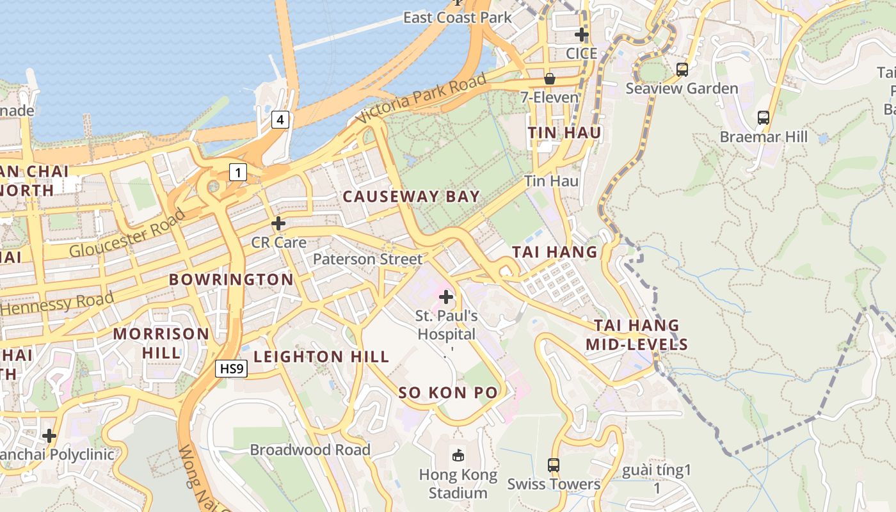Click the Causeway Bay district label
click(411, 196)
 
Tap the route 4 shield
click(280, 119)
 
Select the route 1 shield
click(237, 172)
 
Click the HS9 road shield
click(231, 369)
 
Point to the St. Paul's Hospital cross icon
click(446, 297)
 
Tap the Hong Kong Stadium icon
click(458, 455)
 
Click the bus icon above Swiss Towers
click(554, 465)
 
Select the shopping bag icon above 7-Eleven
click(549, 79)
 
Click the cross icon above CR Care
click(278, 223)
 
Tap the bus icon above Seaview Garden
click(682, 70)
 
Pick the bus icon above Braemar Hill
click(764, 118)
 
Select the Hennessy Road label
click(58, 302)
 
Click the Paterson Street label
click(367, 259)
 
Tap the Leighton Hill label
click(321, 356)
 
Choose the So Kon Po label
click(448, 392)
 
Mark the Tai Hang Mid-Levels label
click(637, 335)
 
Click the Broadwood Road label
click(310, 450)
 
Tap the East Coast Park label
click(457, 17)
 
